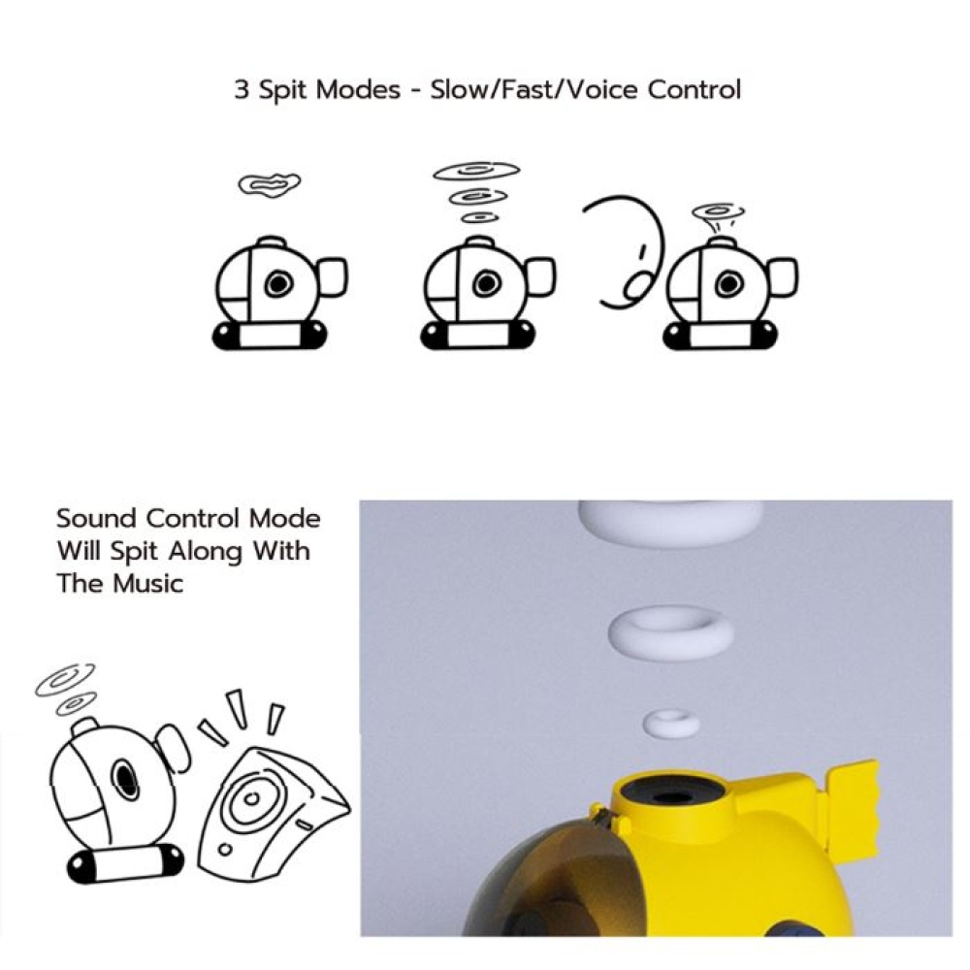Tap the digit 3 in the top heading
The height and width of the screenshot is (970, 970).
click(242, 90)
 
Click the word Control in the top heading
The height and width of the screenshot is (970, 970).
click(695, 89)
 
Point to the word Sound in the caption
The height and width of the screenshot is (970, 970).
click(97, 518)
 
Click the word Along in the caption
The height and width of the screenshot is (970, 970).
click(206, 551)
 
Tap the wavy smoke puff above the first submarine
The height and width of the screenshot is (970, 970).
click(270, 184)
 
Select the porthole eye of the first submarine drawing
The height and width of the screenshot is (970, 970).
click(278, 284)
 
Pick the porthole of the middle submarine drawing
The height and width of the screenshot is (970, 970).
click(487, 284)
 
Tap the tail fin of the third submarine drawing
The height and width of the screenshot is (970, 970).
click(784, 277)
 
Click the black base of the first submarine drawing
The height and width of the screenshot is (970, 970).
click(270, 336)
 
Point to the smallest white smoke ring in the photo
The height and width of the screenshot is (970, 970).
click(671, 723)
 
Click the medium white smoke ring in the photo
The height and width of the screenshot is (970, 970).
click(671, 632)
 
